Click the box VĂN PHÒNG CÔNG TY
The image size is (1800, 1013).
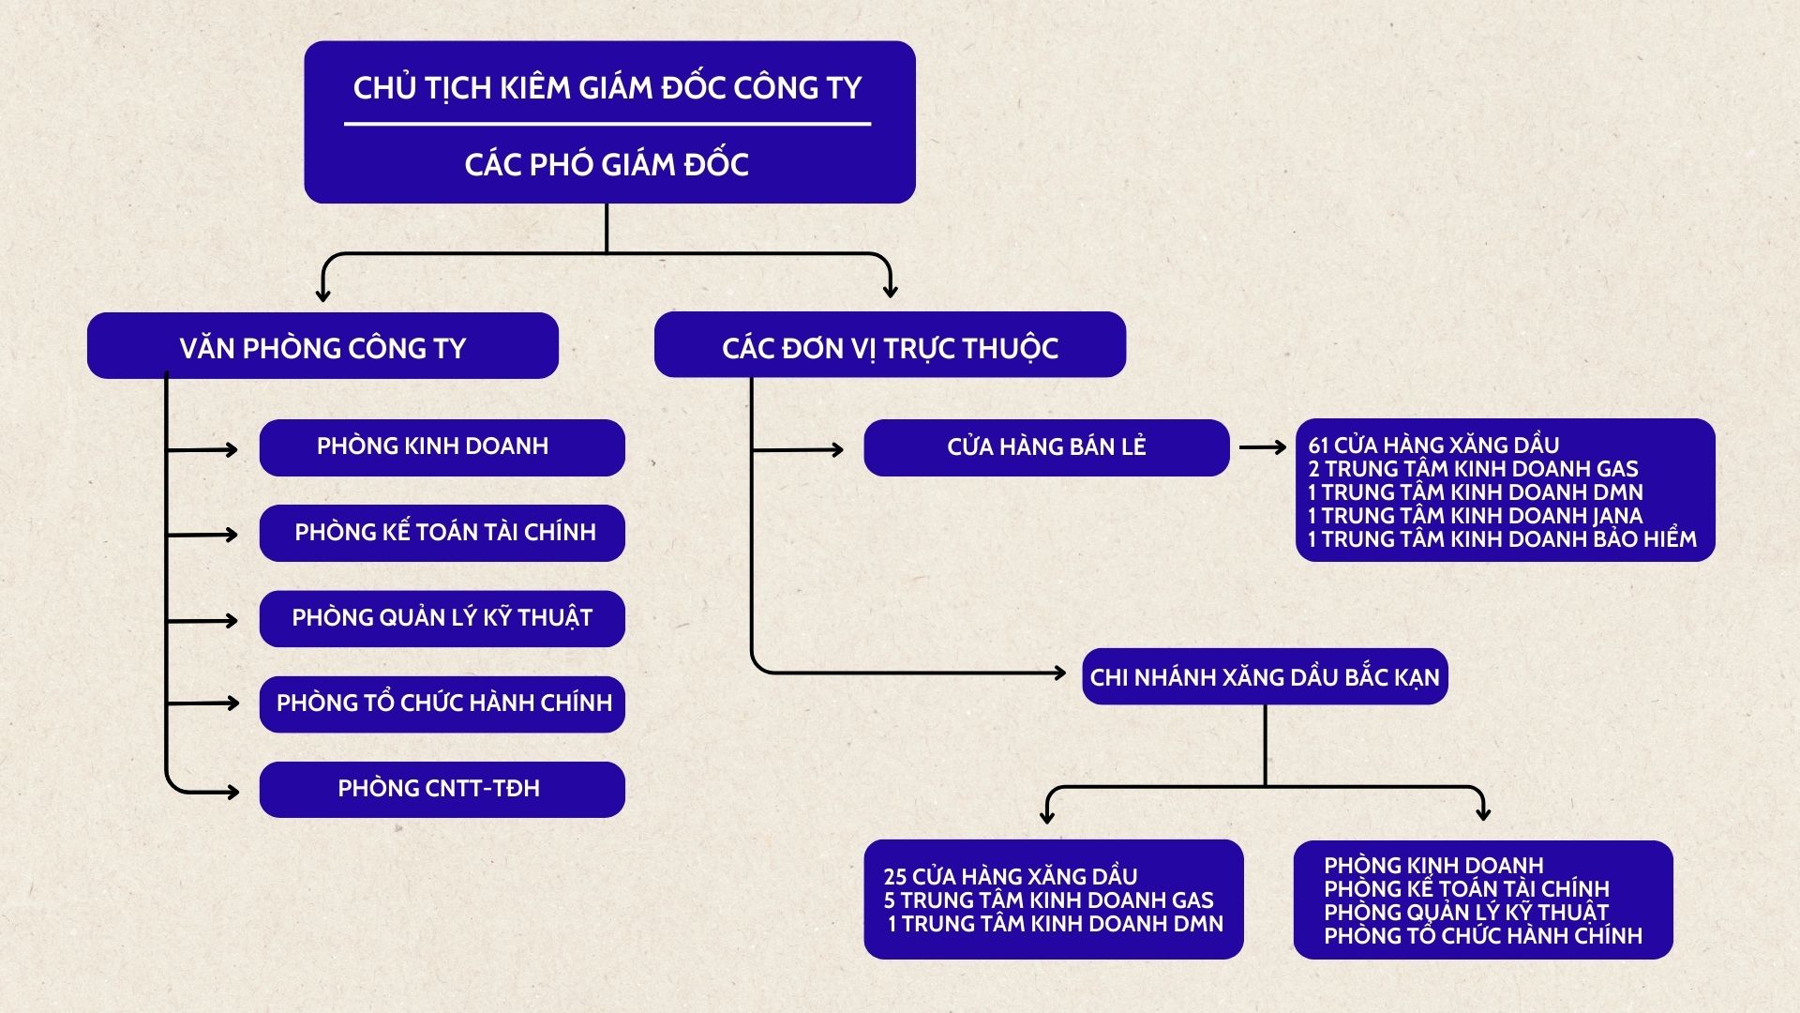(322, 346)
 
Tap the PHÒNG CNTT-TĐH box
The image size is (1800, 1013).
(442, 789)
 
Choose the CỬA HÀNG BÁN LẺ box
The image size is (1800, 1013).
(1046, 447)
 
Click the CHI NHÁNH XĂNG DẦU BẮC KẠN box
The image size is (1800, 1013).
(1265, 676)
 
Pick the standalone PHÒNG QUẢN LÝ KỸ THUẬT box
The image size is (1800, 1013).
(442, 618)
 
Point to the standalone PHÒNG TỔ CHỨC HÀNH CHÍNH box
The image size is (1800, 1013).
(442, 703)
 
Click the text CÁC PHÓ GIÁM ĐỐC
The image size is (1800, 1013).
(607, 165)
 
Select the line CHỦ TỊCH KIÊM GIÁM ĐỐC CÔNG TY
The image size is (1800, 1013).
(607, 88)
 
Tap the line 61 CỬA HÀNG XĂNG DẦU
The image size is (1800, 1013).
(1433, 446)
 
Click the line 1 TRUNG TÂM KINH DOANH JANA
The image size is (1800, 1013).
(1475, 516)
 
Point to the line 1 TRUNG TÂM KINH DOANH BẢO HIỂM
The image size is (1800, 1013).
(1502, 539)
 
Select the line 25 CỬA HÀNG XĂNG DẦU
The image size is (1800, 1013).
(1010, 877)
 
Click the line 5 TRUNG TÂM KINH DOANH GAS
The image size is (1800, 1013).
(1048, 900)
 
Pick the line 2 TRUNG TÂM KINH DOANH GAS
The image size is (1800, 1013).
(1473, 469)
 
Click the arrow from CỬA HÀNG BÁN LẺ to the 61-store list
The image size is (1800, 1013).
(1262, 447)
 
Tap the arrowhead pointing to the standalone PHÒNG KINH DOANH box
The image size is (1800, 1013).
(231, 450)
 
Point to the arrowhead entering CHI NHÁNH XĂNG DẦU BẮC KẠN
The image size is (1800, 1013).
(1058, 673)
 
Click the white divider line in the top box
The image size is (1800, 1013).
(607, 123)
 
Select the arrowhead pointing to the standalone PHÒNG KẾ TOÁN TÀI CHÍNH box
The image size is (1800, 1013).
(231, 535)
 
